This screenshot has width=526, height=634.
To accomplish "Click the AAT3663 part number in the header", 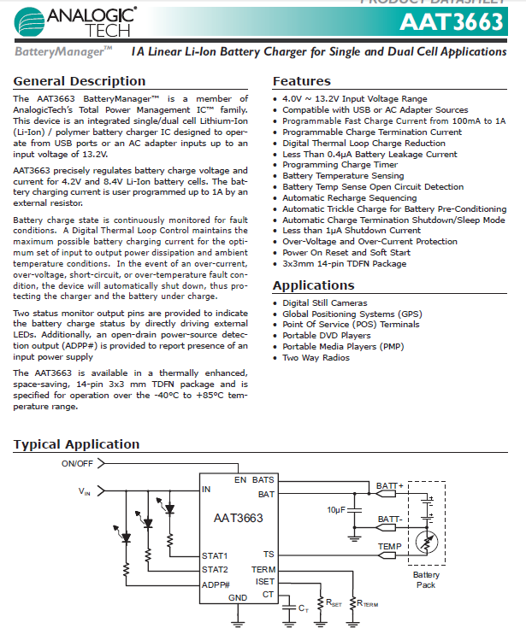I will pyautogui.click(x=451, y=22).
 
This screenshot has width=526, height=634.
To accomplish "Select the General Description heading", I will pyautogui.click(x=80, y=81).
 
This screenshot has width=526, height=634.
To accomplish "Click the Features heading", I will pyautogui.click(x=301, y=81).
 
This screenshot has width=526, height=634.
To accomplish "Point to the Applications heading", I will pyautogui.click(x=313, y=285).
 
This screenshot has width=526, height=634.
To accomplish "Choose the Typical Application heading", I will pyautogui.click(x=76, y=444).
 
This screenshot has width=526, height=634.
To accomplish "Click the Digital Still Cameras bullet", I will pyautogui.click(x=325, y=303).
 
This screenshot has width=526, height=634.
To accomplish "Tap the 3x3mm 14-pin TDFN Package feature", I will pyautogui.click(x=345, y=264).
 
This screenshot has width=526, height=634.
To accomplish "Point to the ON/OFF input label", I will pyautogui.click(x=77, y=463).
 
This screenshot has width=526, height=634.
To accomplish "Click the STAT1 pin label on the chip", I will pyautogui.click(x=216, y=555).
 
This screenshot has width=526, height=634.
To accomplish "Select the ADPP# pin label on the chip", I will pyautogui.click(x=217, y=584).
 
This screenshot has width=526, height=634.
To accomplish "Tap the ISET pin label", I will pyautogui.click(x=265, y=582).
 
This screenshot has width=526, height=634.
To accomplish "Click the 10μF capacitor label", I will pyautogui.click(x=337, y=509).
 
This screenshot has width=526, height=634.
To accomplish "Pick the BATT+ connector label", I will pyautogui.click(x=389, y=486).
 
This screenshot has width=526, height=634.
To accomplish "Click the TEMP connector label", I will pyautogui.click(x=389, y=545).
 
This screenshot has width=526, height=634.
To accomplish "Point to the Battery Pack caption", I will pyautogui.click(x=425, y=580).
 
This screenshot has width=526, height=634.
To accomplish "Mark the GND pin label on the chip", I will pyautogui.click(x=238, y=597).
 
